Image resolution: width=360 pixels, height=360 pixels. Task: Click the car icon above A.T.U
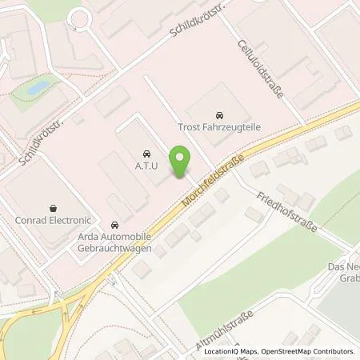click(146, 152)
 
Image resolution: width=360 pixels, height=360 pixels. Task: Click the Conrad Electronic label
click(54, 220)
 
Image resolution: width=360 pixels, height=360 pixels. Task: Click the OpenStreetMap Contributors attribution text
click(307, 350)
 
